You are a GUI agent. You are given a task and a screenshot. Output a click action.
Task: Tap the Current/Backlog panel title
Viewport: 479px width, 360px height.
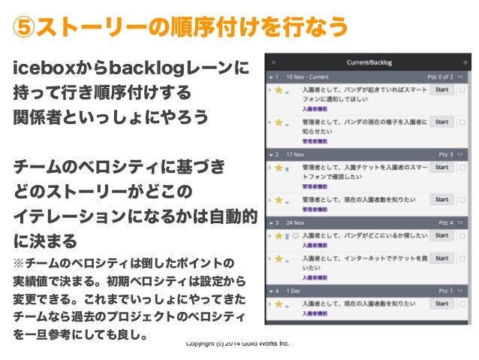point(369,62)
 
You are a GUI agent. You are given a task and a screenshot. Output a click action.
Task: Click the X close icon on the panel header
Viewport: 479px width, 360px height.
point(273,62)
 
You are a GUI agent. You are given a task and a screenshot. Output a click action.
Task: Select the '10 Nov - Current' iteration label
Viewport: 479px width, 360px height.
point(308,77)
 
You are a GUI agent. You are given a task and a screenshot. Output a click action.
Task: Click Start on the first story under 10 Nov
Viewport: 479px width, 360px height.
point(441,90)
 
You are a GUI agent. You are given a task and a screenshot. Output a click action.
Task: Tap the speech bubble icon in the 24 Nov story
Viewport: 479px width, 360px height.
point(295,236)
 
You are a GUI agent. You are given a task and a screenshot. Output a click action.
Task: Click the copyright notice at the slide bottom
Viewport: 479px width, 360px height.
point(237,344)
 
